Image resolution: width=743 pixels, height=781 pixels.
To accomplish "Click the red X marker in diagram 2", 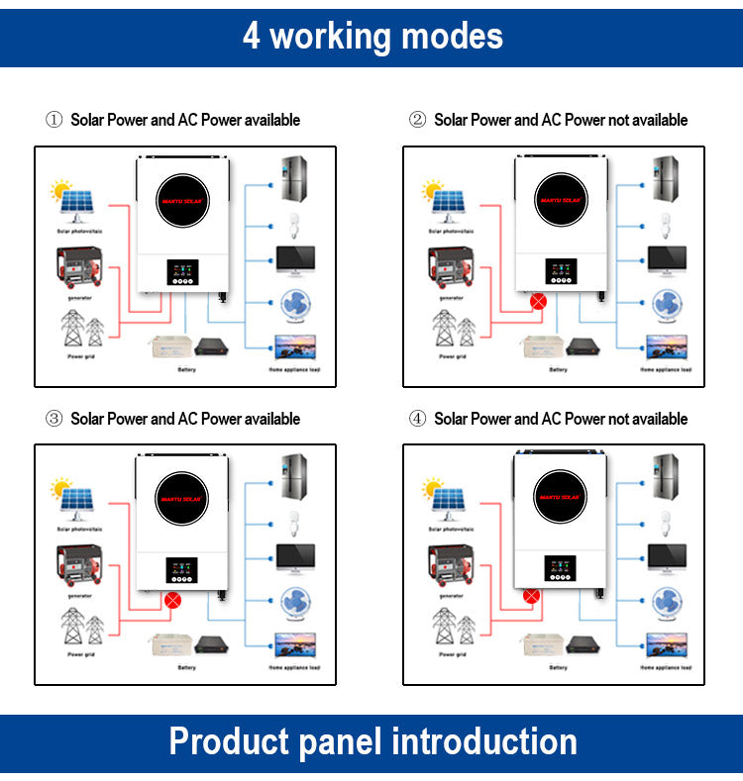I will tap(539, 301).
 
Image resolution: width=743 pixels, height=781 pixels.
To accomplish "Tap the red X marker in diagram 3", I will tap(173, 599).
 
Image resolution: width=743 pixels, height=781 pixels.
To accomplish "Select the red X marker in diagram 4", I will tap(532, 596).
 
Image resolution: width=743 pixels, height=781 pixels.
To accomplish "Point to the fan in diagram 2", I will tap(666, 306).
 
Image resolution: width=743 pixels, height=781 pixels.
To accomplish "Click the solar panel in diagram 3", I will tap(75, 501).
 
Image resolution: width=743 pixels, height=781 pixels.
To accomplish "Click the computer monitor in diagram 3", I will tap(295, 557).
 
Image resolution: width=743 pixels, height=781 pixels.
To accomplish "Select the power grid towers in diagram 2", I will tap(452, 328).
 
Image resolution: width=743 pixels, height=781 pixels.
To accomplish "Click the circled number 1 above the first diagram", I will tap(53, 120).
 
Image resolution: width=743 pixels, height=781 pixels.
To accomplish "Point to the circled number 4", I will tap(418, 419).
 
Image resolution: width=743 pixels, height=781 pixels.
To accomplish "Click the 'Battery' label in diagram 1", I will tap(186, 370).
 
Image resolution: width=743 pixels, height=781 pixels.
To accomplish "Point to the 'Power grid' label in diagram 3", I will tap(81, 654).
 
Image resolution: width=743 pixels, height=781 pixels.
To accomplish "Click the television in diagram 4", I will tap(666, 644).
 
